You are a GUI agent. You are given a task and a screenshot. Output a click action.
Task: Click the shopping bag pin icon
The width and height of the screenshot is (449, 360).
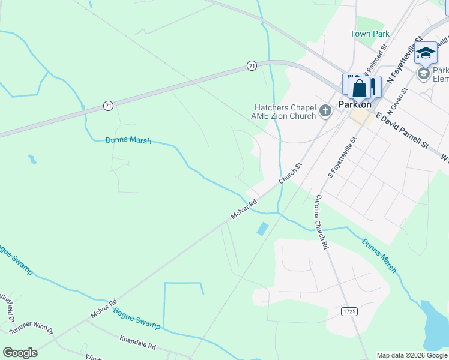tap(359, 88)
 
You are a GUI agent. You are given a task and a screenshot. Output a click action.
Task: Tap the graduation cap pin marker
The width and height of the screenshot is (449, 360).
tap(426, 53)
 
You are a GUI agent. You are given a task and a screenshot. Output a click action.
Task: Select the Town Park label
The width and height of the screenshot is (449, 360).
tap(370, 34)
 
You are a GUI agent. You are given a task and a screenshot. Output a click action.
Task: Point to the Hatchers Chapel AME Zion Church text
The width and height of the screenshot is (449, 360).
tap(285, 112)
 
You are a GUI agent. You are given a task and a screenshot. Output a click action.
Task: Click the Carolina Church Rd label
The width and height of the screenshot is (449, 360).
tap(320, 221)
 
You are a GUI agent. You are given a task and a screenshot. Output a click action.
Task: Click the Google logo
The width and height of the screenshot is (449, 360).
tap(20, 353)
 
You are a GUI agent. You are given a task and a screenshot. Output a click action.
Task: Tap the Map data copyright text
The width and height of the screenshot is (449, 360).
tap(412, 355)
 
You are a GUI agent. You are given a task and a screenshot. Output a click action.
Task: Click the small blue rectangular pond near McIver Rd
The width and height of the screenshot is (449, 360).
tap(262, 229)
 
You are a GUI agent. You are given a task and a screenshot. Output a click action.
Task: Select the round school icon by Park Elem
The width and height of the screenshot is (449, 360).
tap(423, 73)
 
